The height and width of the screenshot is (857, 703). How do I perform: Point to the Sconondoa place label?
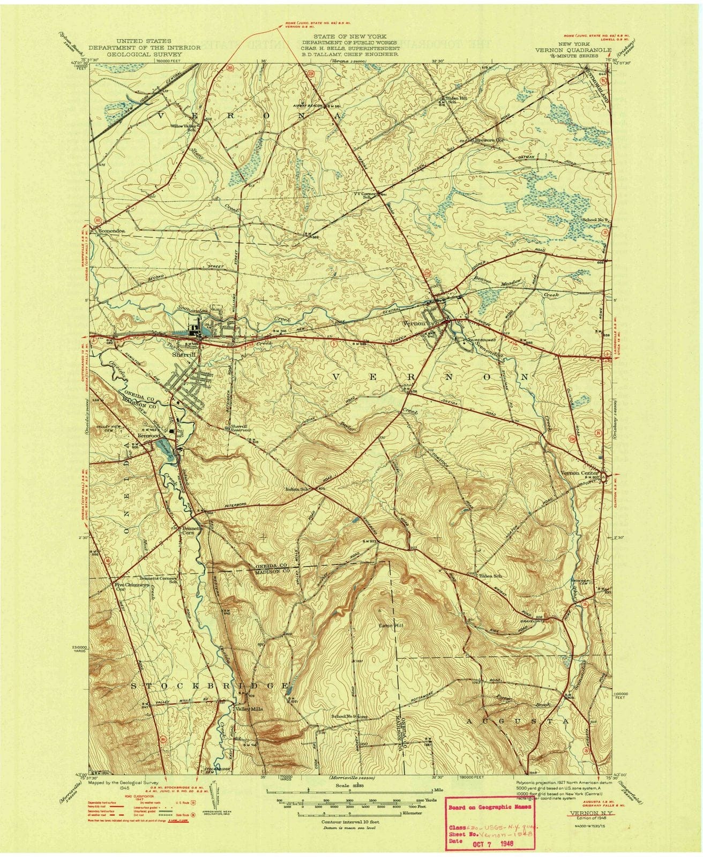pyautogui.click(x=112, y=231)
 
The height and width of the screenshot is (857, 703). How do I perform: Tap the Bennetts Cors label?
pyautogui.click(x=194, y=530)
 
